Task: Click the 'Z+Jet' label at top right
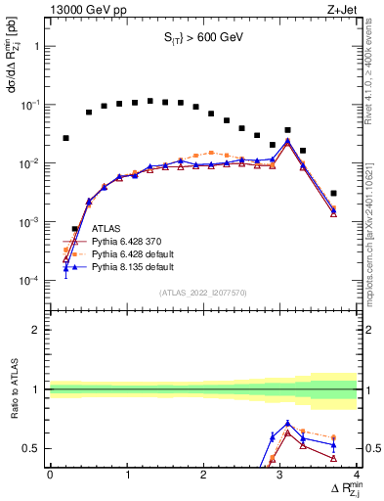click(x=342, y=9)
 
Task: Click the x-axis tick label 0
click(x=50, y=475)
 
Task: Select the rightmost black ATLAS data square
click(x=334, y=194)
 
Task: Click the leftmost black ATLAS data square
click(x=65, y=138)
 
